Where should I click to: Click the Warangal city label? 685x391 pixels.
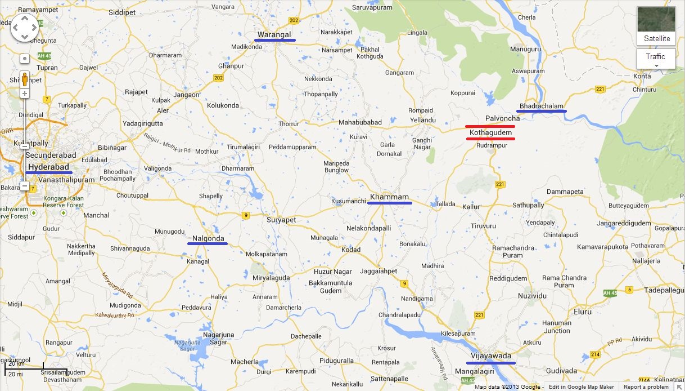274,35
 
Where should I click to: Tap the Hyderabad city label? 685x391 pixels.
48,167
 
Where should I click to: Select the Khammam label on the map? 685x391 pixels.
389,197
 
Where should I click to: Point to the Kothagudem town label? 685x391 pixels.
490,132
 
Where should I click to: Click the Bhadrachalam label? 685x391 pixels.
541,106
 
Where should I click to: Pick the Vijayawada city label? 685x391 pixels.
490,356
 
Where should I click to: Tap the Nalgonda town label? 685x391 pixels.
208,238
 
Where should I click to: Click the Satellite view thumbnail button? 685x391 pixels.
656,25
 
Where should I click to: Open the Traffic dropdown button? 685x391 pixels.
656,59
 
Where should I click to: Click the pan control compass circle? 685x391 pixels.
25,27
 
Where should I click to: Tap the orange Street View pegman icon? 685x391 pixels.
25,79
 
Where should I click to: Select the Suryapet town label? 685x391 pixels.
281,220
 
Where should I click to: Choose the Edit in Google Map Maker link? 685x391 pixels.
582,387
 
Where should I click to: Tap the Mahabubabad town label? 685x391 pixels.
360,122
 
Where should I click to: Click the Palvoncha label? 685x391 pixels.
502,118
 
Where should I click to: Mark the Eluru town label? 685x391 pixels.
582,312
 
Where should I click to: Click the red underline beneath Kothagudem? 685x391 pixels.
490,139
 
